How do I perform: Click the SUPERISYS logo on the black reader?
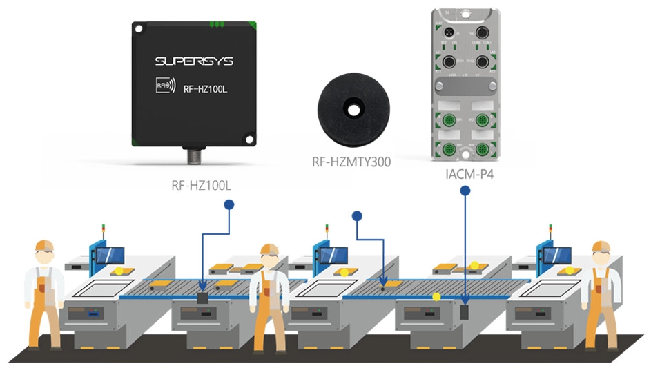click(x=194, y=61)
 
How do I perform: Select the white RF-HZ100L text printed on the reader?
click(x=209, y=88)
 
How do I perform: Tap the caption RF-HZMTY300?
click(x=352, y=163)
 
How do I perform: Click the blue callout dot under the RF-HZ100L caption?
click(x=229, y=204)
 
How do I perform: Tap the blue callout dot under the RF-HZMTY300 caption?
click(x=357, y=216)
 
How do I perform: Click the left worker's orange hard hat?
click(x=44, y=245)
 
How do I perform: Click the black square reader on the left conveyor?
click(x=203, y=298)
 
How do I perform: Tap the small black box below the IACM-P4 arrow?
click(x=465, y=311)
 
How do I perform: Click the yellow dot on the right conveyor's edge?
click(x=436, y=297)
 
